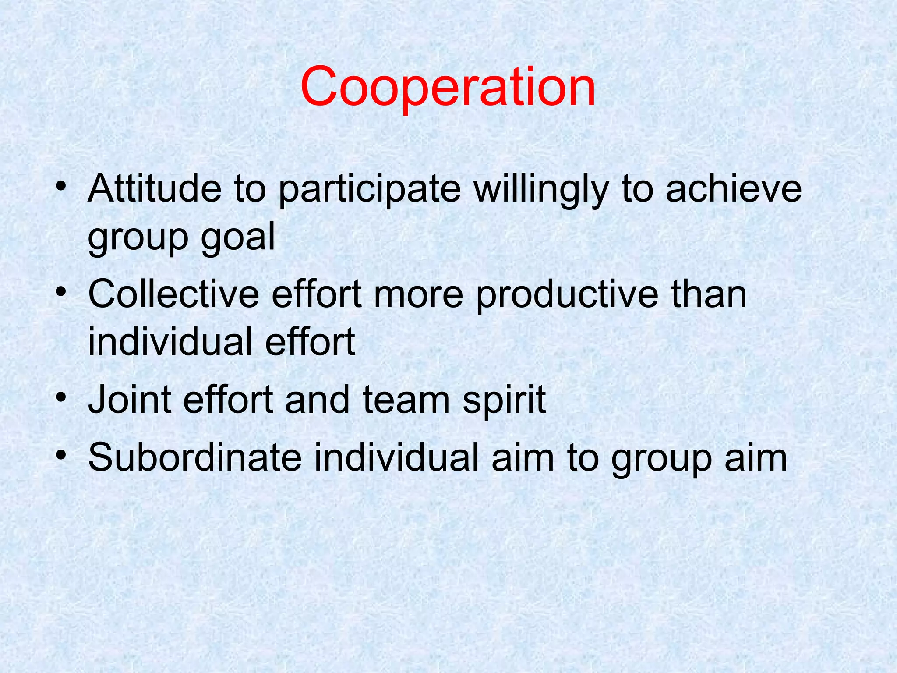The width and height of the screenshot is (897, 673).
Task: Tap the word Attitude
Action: [155, 188]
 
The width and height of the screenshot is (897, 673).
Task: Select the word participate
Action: [369, 189]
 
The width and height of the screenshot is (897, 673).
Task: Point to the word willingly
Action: [541, 189]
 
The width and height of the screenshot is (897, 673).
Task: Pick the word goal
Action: [238, 237]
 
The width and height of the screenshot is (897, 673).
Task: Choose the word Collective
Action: [173, 294]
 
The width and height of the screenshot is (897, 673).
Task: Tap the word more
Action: [418, 295]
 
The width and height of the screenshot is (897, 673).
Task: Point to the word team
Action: [406, 400]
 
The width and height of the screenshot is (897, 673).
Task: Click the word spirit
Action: [504, 400]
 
